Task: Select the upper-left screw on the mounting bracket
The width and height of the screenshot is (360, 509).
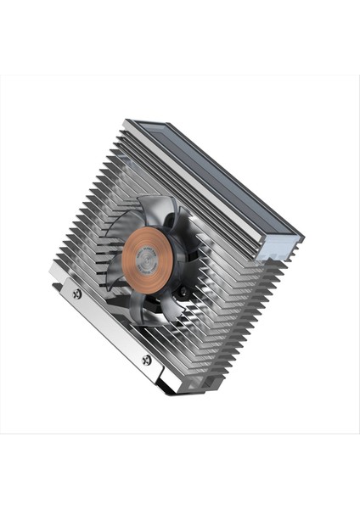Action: (x=77, y=294)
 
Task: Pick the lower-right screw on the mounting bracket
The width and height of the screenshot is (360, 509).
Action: (x=147, y=360)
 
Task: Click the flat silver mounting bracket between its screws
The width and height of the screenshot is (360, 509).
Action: (x=110, y=327)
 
